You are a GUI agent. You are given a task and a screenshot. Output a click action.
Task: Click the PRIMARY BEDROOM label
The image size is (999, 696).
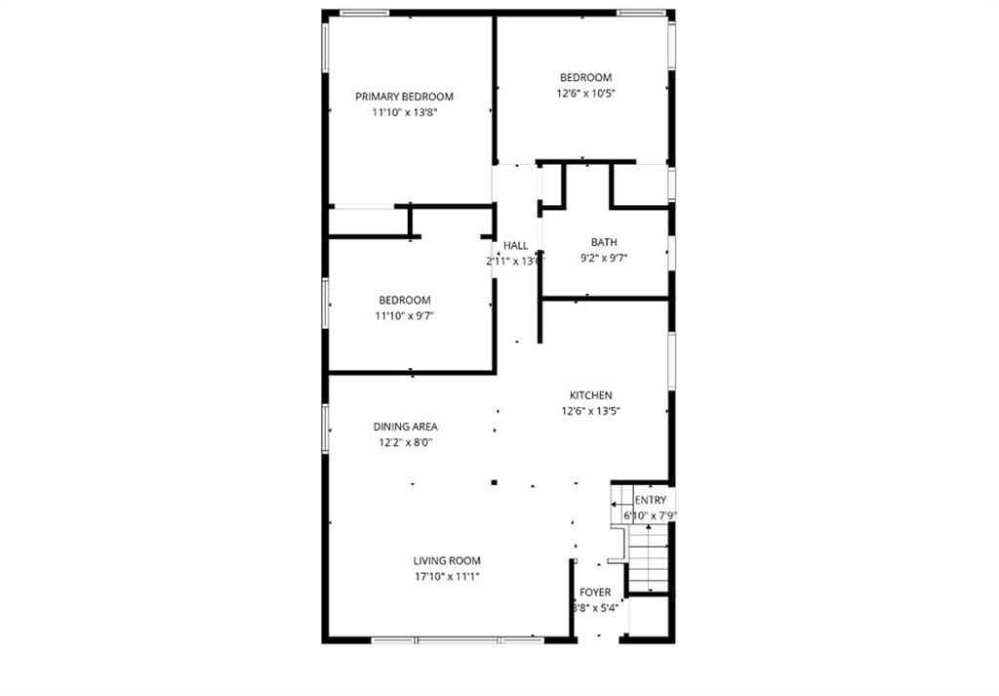pos(404,97)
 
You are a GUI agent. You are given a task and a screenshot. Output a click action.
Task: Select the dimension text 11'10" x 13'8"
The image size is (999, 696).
pos(404,113)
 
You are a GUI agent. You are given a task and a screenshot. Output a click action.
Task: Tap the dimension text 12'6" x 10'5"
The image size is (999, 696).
pos(585,94)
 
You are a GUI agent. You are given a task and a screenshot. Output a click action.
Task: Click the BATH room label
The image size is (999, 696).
pos(604,242)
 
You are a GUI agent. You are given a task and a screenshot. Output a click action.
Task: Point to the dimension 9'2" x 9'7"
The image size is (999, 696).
pos(604,259)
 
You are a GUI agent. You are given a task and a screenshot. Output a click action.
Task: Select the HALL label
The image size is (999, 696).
pos(515,246)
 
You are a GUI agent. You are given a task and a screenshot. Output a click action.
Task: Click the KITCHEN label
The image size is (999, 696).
pos(591,395)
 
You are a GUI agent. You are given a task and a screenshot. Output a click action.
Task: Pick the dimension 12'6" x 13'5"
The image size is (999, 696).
pos(591,411)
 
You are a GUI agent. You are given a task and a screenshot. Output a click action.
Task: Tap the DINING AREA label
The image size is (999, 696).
pos(406,427)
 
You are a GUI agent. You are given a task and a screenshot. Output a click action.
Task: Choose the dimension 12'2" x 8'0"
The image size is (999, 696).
pos(406,442)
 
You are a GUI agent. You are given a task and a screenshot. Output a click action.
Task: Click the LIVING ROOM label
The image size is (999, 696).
pos(447,560)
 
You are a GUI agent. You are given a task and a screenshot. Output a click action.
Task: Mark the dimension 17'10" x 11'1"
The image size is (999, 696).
pos(447,576)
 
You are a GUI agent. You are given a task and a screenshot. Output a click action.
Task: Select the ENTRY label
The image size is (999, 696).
pos(651,500)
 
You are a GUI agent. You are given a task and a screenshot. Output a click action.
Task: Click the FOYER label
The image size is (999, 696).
pos(595,593)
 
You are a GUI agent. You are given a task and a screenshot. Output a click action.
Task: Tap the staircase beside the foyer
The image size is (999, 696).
pos(647,558)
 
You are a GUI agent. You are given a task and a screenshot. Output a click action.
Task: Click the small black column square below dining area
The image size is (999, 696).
pos(495,481)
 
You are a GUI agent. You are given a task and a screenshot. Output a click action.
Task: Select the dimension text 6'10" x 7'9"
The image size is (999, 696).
pos(651,515)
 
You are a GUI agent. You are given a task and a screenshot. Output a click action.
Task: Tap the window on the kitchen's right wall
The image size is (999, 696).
pos(671,362)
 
